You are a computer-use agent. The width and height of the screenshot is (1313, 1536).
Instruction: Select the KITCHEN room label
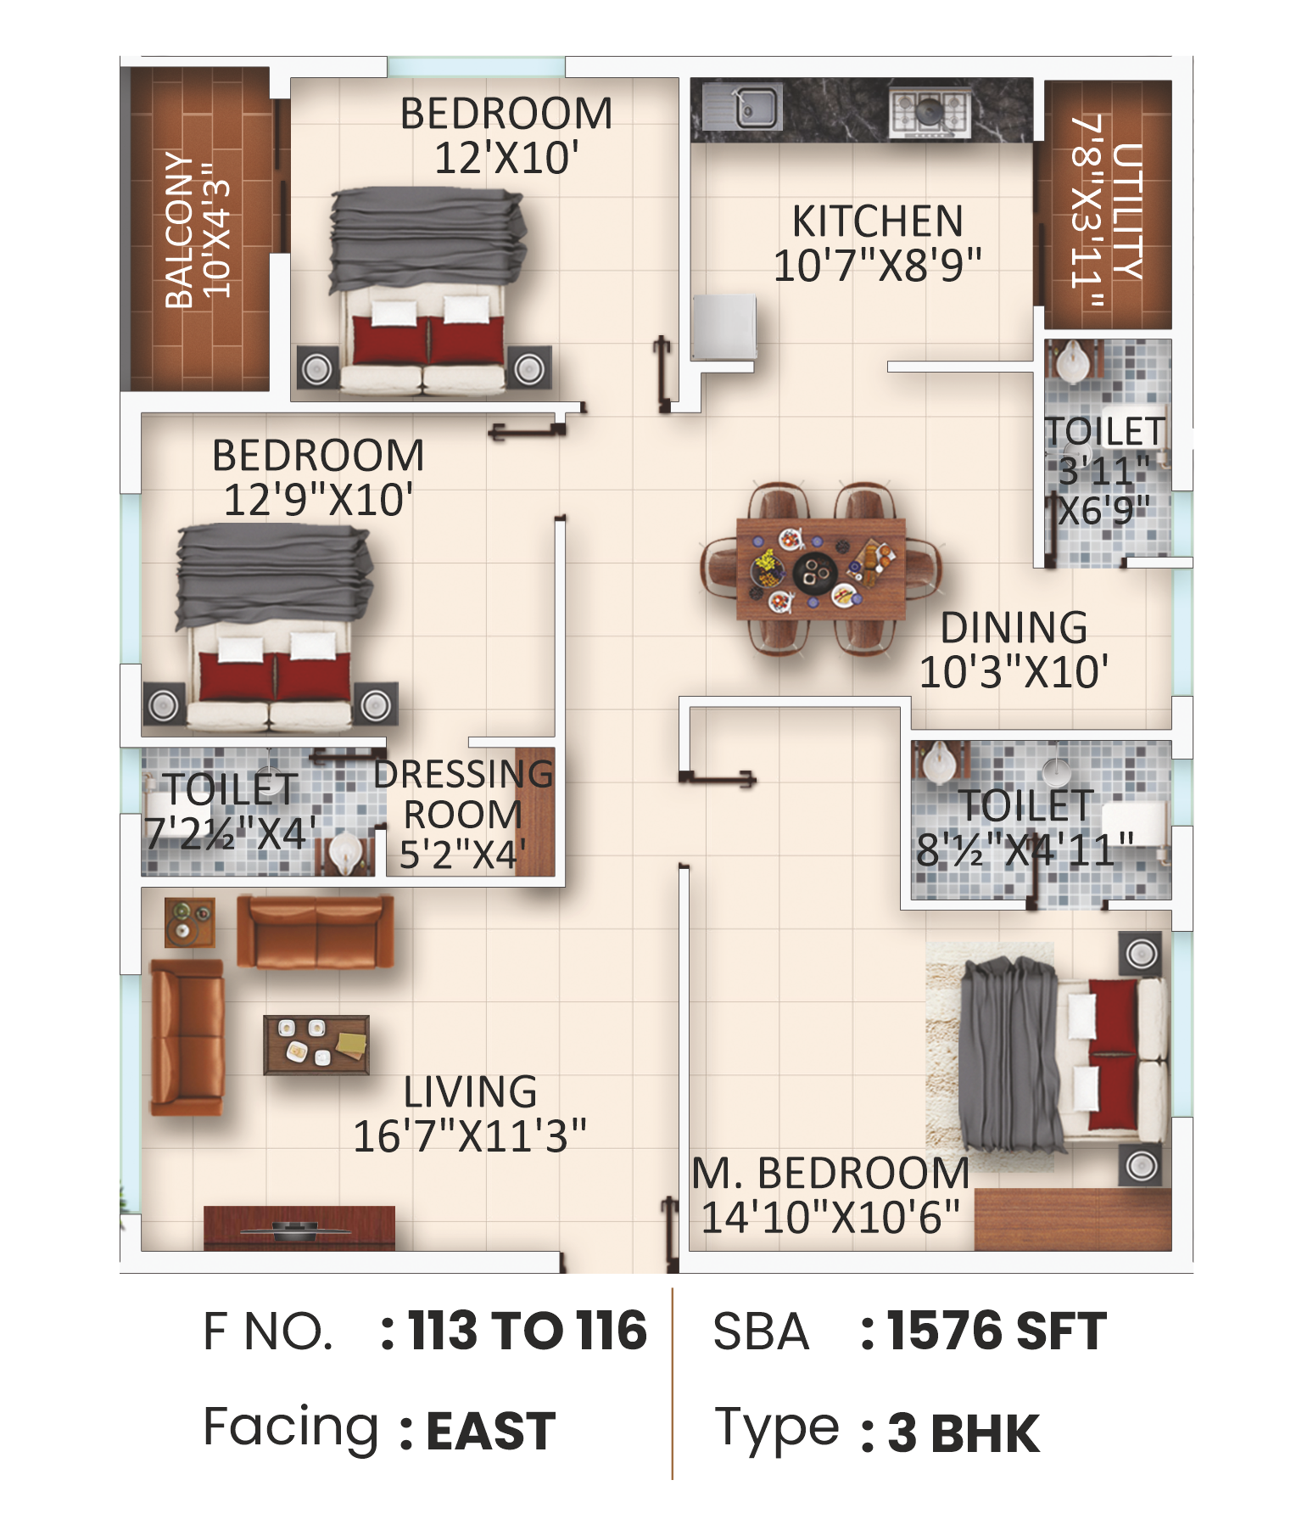point(878,221)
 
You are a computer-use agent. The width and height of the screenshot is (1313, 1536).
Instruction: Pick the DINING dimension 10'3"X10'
point(1014,672)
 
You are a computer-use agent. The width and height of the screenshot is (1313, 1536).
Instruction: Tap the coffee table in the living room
point(316,1045)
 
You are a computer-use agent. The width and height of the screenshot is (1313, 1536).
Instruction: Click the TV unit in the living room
point(299,1227)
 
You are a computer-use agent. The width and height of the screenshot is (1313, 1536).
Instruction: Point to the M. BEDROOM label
point(830,1174)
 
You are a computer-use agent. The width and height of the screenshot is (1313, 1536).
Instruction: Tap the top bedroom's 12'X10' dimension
point(506,159)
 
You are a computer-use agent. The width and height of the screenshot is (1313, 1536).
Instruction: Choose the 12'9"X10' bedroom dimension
point(318,500)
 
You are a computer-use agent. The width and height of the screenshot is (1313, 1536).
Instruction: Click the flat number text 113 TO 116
point(527,1330)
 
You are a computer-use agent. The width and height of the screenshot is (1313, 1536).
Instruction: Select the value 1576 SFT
point(996,1330)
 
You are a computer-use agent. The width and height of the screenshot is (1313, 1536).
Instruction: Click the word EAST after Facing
point(490,1431)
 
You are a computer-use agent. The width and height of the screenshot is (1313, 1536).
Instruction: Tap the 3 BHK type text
point(963,1432)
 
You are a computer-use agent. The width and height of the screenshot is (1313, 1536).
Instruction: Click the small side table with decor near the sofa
point(189,922)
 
